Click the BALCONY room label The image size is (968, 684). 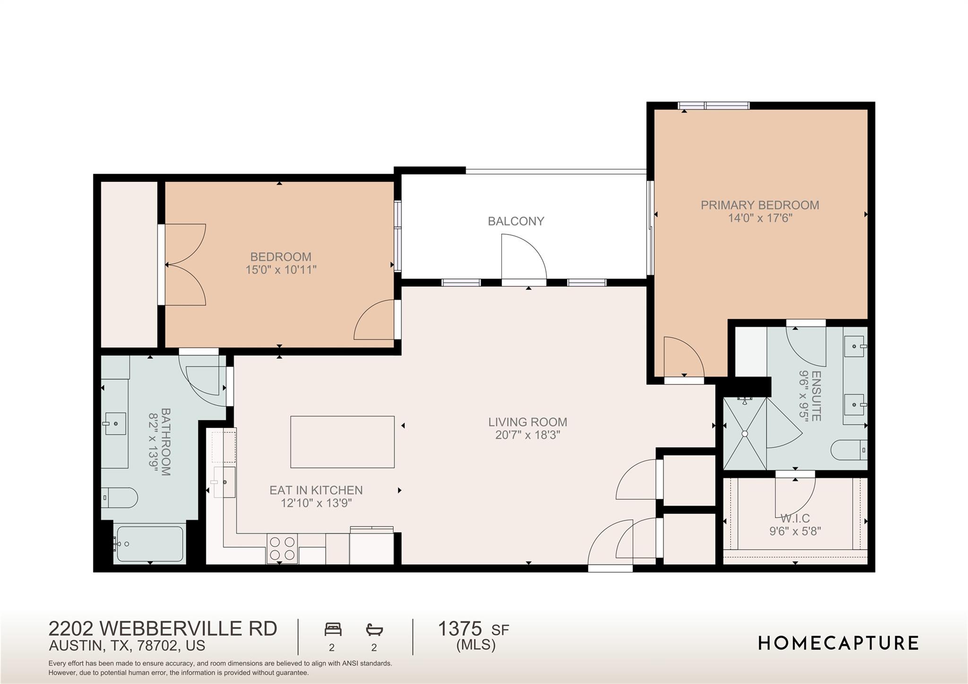tap(516, 221)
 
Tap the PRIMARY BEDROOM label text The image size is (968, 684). tap(760, 205)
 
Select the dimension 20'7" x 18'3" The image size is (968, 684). tap(527, 435)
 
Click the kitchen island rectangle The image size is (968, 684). tap(342, 442)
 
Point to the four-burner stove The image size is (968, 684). tap(282, 548)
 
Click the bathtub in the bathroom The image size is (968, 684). tap(149, 544)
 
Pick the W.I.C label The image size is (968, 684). tap(795, 519)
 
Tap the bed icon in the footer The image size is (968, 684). tap(333, 629)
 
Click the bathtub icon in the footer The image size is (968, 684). tap(374, 629)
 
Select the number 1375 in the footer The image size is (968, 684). tap(459, 629)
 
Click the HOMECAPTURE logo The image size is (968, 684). tap(838, 643)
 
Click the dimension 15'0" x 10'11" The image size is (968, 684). tap(281, 270)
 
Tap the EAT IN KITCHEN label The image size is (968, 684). tap(316, 490)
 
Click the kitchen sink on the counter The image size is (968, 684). tap(225, 482)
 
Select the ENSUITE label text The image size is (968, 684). tap(816, 396)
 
